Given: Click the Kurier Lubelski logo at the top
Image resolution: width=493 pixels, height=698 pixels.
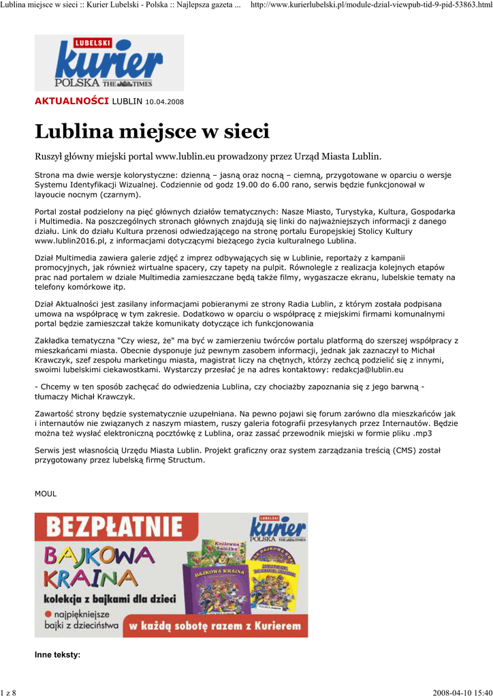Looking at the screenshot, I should pyautogui.click(x=109, y=63).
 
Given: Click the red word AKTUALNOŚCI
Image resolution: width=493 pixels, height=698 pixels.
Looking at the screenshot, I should pyautogui.click(x=71, y=101).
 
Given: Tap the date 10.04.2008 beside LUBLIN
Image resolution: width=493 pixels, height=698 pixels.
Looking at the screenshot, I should pyautogui.click(x=165, y=102).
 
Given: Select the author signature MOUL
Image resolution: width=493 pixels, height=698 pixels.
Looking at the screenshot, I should pyautogui.click(x=46, y=493).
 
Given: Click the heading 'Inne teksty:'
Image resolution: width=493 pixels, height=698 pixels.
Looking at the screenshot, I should pyautogui.click(x=58, y=655).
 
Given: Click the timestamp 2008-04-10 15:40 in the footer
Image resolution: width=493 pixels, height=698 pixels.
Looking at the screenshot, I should pyautogui.click(x=462, y=693).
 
